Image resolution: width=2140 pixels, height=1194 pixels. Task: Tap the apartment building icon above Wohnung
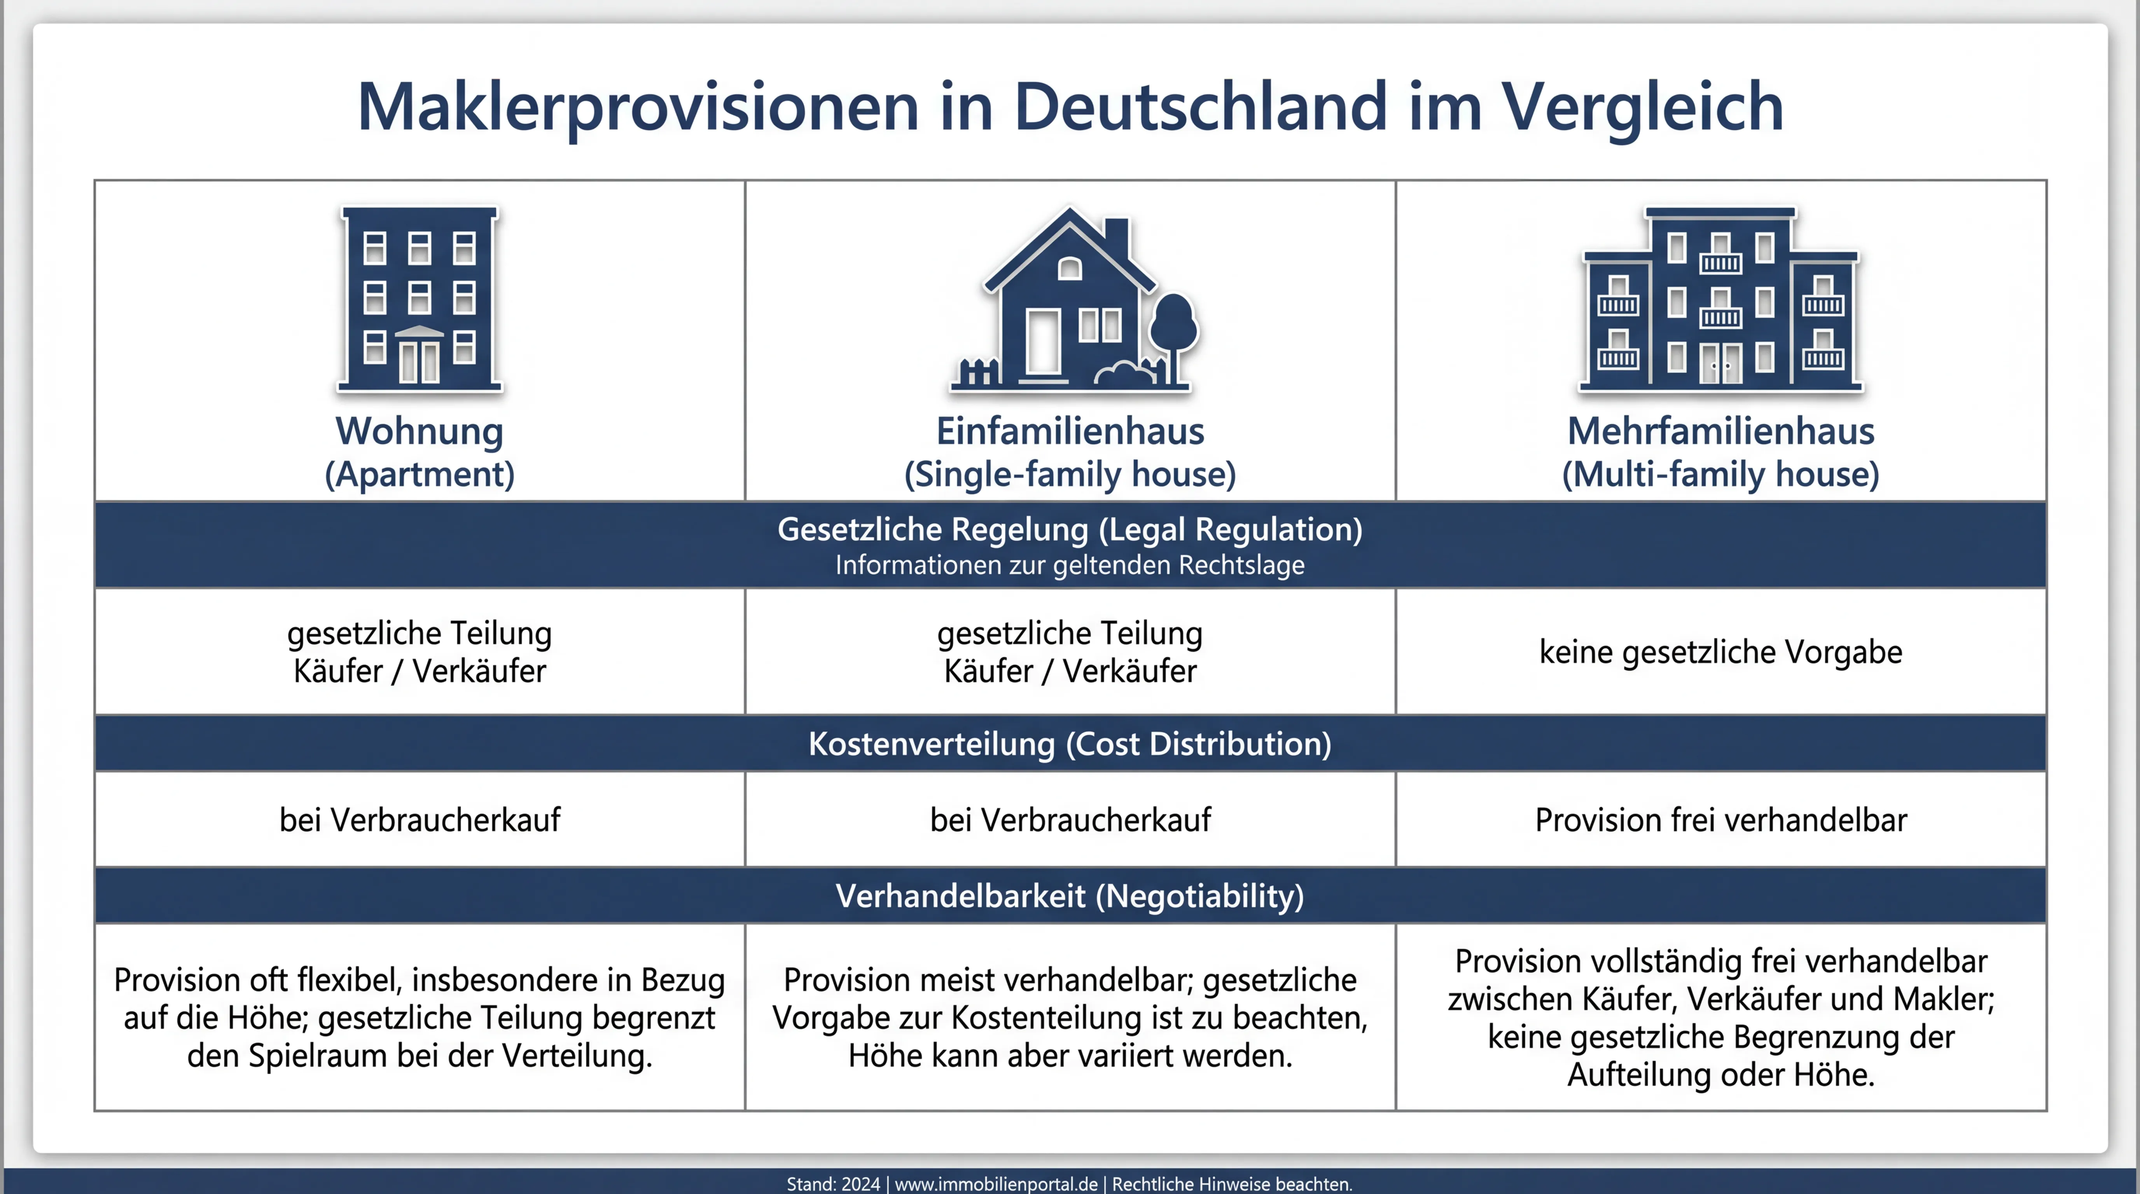(x=420, y=299)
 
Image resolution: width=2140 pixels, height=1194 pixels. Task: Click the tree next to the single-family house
(x=1173, y=332)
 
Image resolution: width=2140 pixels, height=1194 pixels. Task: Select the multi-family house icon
(x=1720, y=299)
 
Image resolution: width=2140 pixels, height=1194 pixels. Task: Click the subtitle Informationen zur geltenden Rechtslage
(x=1070, y=566)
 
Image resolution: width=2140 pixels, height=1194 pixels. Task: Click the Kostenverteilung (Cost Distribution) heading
(x=1070, y=744)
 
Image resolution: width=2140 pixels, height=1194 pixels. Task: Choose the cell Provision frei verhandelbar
(x=1720, y=820)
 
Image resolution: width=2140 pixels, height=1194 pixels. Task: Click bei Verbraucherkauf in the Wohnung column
(x=420, y=820)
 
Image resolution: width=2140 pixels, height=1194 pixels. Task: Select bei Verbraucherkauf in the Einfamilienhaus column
(x=1070, y=820)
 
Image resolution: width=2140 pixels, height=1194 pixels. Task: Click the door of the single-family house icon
(x=1044, y=342)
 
